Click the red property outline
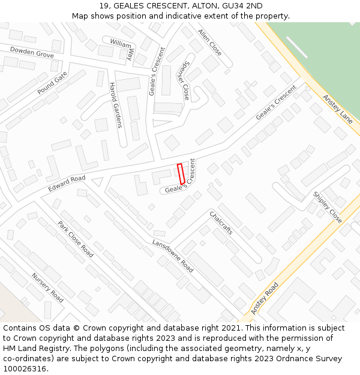coord(181,173)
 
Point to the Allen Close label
coord(210,42)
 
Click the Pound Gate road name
coord(52,82)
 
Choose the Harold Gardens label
coord(115,105)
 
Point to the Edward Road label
coord(67,184)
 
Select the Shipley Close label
coord(328,207)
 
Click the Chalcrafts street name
coord(221,222)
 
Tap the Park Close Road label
coord(76,239)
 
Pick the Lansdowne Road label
coord(173,256)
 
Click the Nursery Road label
coord(47,287)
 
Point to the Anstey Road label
coord(265,298)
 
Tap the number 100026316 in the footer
coord(25,368)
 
